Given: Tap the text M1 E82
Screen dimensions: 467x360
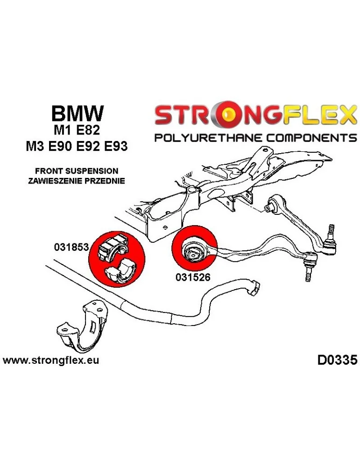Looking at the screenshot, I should click(x=78, y=131).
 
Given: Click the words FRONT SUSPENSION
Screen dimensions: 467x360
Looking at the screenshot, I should click(x=77, y=171).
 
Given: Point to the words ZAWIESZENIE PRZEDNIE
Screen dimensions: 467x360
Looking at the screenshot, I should click(x=77, y=181).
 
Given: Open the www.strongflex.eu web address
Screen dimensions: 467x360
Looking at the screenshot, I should click(x=51, y=361).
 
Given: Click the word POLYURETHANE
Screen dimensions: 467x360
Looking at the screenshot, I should click(x=205, y=138).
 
